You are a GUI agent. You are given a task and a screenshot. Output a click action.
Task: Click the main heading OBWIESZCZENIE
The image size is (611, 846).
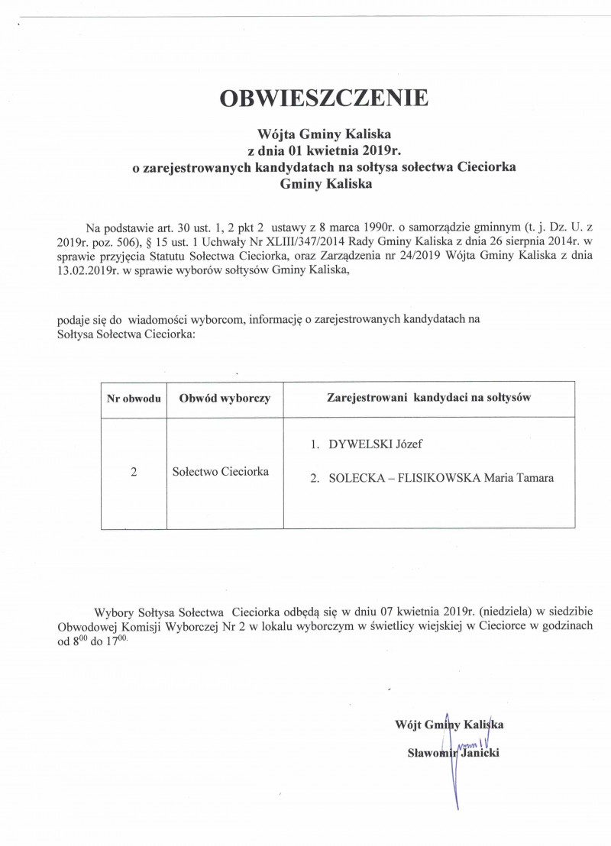pyautogui.click(x=324, y=98)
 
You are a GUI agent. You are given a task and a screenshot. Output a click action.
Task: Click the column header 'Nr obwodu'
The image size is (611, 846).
pyautogui.click(x=133, y=398)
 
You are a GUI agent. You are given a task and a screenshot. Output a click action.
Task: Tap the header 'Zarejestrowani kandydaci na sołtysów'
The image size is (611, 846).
pyautogui.click(x=428, y=397)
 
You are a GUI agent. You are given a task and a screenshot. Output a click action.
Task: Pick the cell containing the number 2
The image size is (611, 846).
pyautogui.click(x=133, y=473)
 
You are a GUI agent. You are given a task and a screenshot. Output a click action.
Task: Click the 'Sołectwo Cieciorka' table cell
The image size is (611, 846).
pyautogui.click(x=220, y=472)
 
